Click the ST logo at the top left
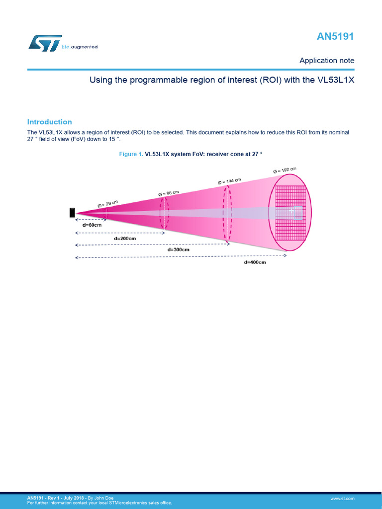pyautogui.click(x=45, y=43)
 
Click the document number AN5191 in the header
pyautogui.click(x=336, y=37)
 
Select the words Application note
pyautogui.click(x=327, y=61)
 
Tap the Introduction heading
pyautogui.click(x=49, y=122)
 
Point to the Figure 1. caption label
pyautogui.click(x=131, y=155)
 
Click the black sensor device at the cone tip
pyautogui.click(x=72, y=213)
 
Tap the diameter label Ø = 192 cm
pyautogui.click(x=285, y=171)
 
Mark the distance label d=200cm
pyautogui.click(x=125, y=238)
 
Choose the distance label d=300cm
pyautogui.click(x=179, y=250)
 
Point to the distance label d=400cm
pyautogui.click(x=255, y=262)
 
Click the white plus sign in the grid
pyautogui.click(x=291, y=211)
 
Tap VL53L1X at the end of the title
pyautogui.click(x=336, y=80)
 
